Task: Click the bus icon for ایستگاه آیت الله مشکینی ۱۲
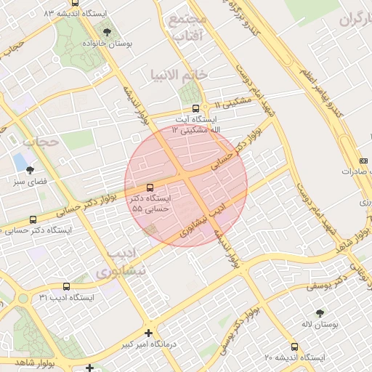coord(194,109)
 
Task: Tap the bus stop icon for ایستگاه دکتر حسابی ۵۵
coord(150,187)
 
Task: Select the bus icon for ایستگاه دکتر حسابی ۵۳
coord(33,219)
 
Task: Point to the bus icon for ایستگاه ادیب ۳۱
coord(67,287)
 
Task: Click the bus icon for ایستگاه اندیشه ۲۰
coord(294,347)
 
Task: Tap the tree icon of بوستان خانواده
coord(108,33)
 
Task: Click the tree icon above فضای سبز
coord(29,169)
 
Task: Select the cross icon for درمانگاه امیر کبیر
coord(148,333)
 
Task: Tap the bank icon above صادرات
coord(363,161)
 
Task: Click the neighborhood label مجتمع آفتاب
coord(187,28)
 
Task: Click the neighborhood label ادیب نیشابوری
coord(119,264)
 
